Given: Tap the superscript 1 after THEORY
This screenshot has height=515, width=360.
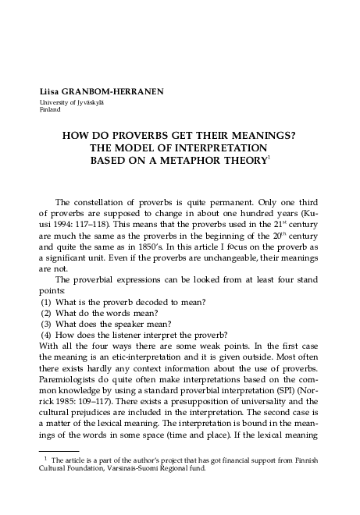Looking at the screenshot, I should coord(269,157).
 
